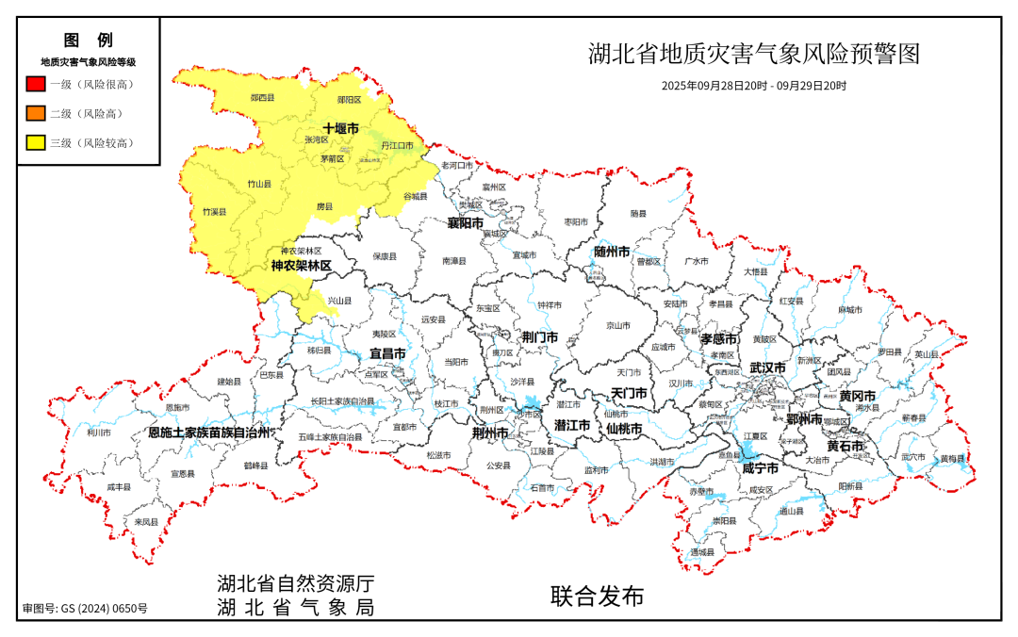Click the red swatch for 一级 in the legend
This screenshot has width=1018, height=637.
(35, 84)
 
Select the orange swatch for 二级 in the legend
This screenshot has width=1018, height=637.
(35, 114)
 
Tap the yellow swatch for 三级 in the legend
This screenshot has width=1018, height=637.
(35, 143)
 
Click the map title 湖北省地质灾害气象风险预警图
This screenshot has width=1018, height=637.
(753, 54)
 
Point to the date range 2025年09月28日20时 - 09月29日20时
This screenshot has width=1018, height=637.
(753, 86)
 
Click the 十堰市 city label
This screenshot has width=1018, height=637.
(340, 127)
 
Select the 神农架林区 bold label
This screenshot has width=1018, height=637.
(302, 267)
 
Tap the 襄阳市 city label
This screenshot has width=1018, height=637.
(465, 223)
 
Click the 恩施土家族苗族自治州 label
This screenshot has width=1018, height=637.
(209, 433)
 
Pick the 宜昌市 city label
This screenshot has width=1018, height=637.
(386, 353)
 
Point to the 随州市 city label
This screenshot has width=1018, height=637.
(612, 252)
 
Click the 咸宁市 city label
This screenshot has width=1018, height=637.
(760, 468)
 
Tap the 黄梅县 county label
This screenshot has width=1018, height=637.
(952, 459)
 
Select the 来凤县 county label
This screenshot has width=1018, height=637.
(145, 521)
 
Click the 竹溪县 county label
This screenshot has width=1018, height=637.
(215, 212)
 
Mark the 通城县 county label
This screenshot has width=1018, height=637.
(702, 552)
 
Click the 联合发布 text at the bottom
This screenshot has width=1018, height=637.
(598, 596)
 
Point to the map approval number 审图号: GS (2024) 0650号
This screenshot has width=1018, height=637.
(85, 609)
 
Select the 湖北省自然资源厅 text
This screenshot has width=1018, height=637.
(296, 582)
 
